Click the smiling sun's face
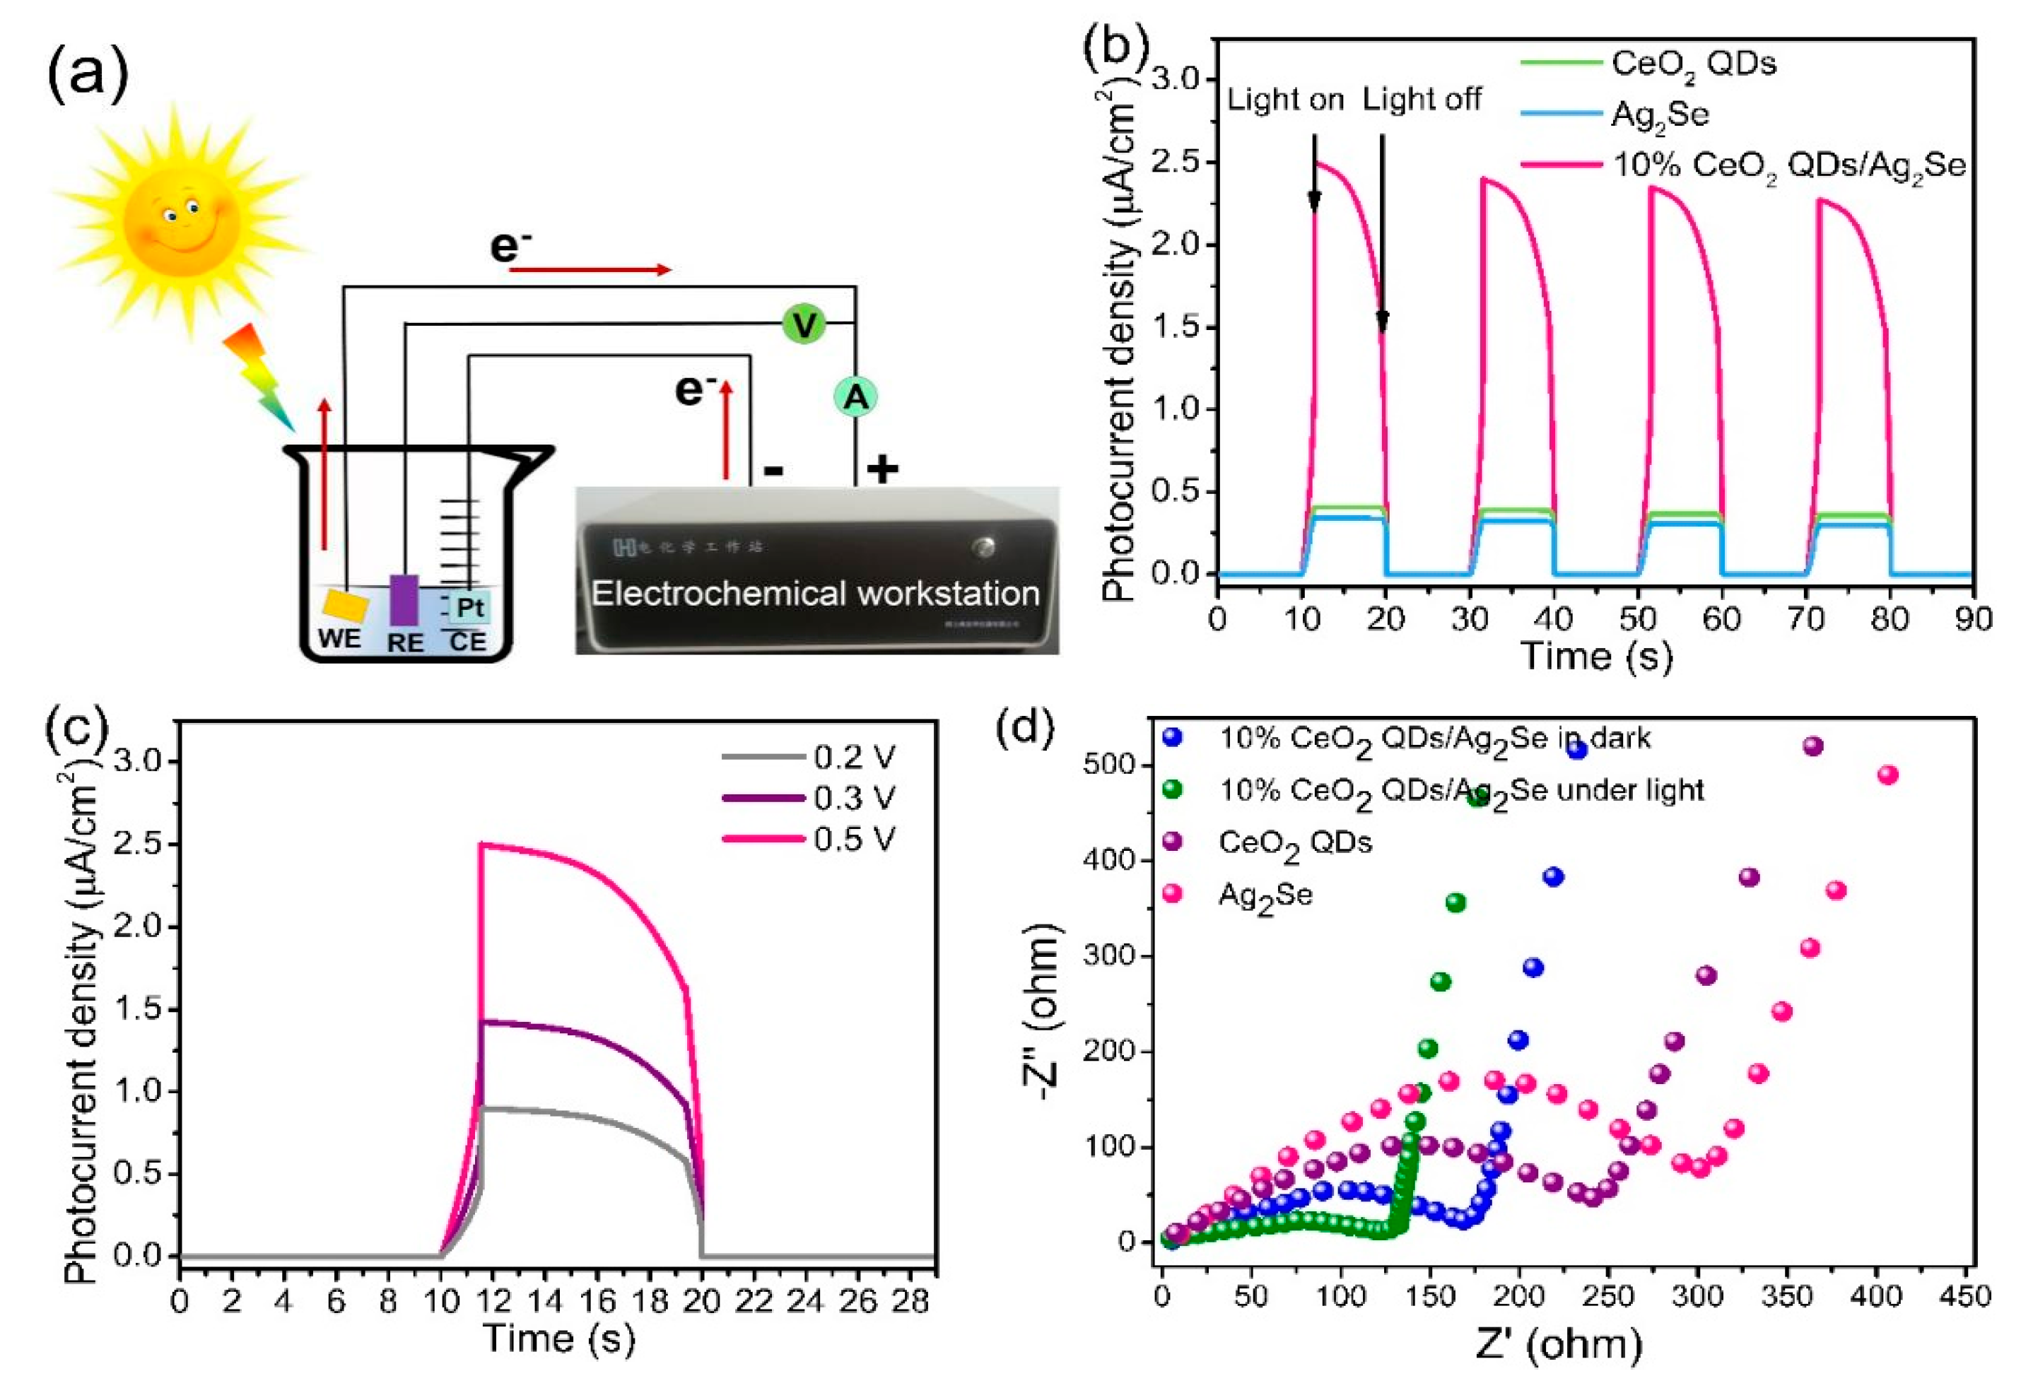182,221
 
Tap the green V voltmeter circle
804,324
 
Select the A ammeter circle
855,397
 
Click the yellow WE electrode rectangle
346,604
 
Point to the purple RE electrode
404,599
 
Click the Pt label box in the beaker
471,607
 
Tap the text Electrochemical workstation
815,594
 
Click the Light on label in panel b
1285,100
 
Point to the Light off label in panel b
1421,100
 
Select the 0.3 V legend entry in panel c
853,799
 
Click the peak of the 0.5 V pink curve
481,845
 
